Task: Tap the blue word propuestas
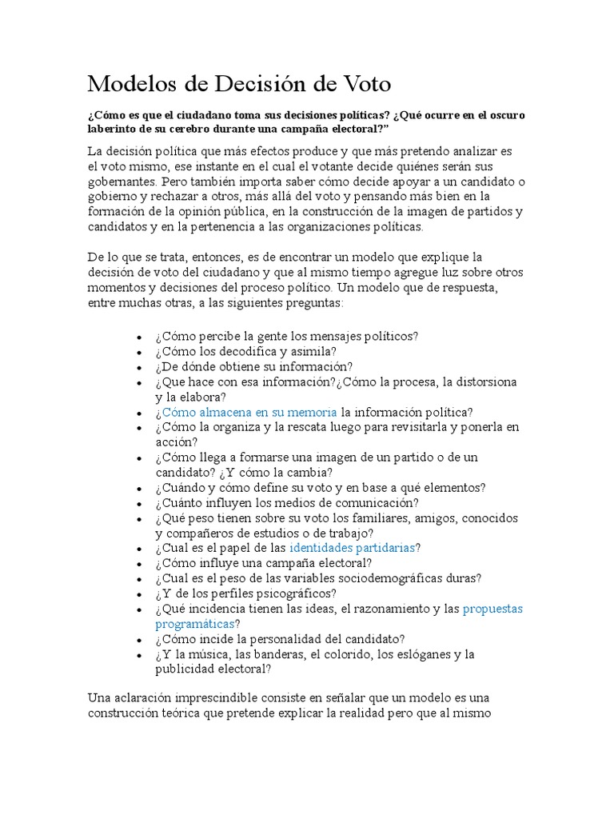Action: pyautogui.click(x=492, y=609)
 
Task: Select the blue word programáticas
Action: pyautogui.click(x=194, y=624)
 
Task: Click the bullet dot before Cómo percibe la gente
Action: pyautogui.click(x=140, y=338)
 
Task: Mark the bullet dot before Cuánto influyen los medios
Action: pyautogui.click(x=140, y=504)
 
